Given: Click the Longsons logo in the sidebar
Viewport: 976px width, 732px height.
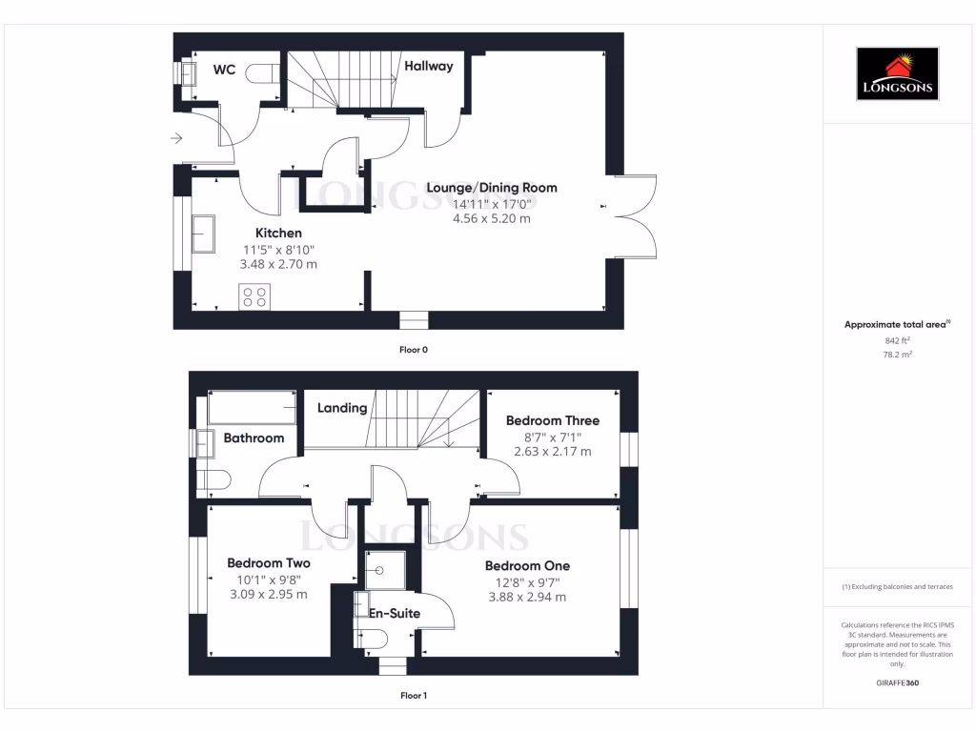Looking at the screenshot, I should tap(897, 73).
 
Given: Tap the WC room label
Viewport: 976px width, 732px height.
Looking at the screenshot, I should tap(224, 70).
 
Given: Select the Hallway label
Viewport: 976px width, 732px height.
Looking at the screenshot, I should tap(428, 66).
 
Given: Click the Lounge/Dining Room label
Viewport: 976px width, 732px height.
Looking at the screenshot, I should tap(491, 187).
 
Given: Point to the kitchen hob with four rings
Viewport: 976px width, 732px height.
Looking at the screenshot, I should tap(254, 296).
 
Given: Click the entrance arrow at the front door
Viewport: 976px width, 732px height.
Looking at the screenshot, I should tap(176, 139).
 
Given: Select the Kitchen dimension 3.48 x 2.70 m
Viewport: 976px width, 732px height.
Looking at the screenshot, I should tap(279, 264).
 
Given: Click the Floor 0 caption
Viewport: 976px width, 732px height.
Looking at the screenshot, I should tap(413, 350).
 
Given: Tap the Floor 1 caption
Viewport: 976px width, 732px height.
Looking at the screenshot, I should tap(413, 696).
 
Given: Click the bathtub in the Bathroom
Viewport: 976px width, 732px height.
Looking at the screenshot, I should tap(252, 408).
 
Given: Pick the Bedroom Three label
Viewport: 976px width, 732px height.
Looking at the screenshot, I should tap(552, 420).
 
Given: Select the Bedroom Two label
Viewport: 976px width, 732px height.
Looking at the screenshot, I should tap(268, 562).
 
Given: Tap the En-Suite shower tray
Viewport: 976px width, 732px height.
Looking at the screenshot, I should tap(384, 570).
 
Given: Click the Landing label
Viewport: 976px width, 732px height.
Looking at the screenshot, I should tap(342, 408).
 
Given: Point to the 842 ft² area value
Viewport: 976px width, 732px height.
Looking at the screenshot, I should tap(897, 340).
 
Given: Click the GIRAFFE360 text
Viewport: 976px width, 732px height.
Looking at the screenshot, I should tap(897, 682).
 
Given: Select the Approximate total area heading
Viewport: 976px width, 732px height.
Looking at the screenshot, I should tap(897, 325).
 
